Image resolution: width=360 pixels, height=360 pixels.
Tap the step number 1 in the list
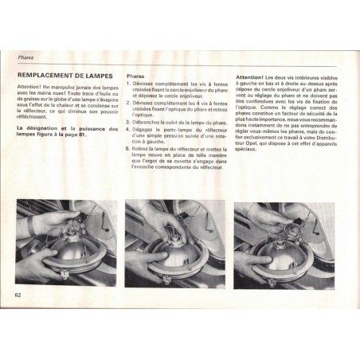pyautogui.click(x=130, y=83)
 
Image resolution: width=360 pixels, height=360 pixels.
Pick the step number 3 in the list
pyautogui.click(x=130, y=121)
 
